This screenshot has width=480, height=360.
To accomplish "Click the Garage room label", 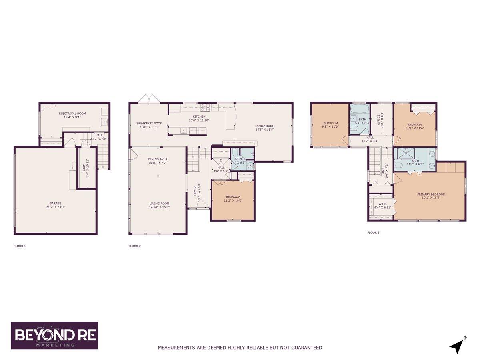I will click(x=56, y=203).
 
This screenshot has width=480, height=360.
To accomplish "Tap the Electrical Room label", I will click(x=72, y=114).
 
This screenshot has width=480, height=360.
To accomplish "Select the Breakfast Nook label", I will click(x=149, y=124).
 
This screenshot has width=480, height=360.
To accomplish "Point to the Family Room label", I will click(x=265, y=126).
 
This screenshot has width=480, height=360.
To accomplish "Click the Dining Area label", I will click(x=158, y=159).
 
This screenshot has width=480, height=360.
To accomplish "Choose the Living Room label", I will click(x=159, y=203).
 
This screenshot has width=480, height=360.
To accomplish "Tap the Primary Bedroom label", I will click(x=431, y=194).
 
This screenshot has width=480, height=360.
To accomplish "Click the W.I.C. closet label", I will click(x=382, y=205).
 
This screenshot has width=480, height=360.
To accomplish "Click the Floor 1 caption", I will click(x=20, y=246).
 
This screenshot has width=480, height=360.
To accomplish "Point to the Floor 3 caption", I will click(x=373, y=232).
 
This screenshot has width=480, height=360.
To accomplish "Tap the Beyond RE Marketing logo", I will click(x=54, y=336).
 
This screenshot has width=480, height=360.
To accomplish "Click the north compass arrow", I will click(x=456, y=346).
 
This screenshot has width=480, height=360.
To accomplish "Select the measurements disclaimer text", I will click(x=240, y=348).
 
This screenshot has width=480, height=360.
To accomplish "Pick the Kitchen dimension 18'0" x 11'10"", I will click(x=199, y=120).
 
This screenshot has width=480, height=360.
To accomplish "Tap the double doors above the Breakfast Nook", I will click(x=148, y=98).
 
